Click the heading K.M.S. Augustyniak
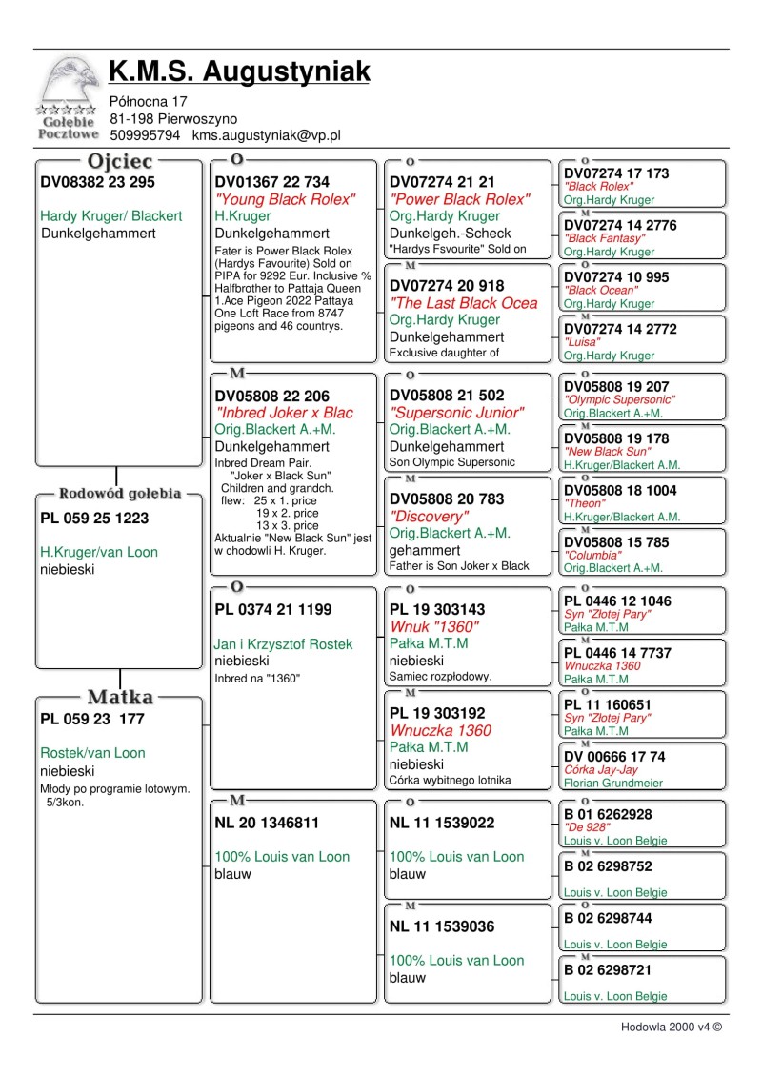point(239,71)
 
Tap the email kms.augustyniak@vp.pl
point(266,136)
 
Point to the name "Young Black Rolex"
point(285,199)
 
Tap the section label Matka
point(120,698)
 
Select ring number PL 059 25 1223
point(94,519)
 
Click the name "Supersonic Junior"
point(456,413)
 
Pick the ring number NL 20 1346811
point(267,822)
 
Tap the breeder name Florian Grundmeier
point(613,784)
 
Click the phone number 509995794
point(146,136)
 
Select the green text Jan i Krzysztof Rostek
point(283,644)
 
